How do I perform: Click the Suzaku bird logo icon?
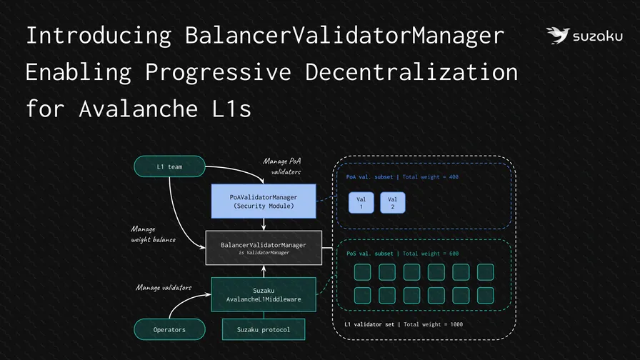(557, 36)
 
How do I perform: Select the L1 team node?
(169, 167)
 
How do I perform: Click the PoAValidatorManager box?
(264, 201)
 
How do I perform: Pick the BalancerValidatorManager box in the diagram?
(264, 249)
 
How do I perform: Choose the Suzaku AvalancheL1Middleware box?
(264, 294)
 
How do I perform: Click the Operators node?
(169, 329)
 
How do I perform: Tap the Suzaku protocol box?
(264, 329)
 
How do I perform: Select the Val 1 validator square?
(361, 203)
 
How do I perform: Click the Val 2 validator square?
(392, 203)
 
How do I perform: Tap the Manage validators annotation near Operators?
(164, 287)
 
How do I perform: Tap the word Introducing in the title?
(98, 35)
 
